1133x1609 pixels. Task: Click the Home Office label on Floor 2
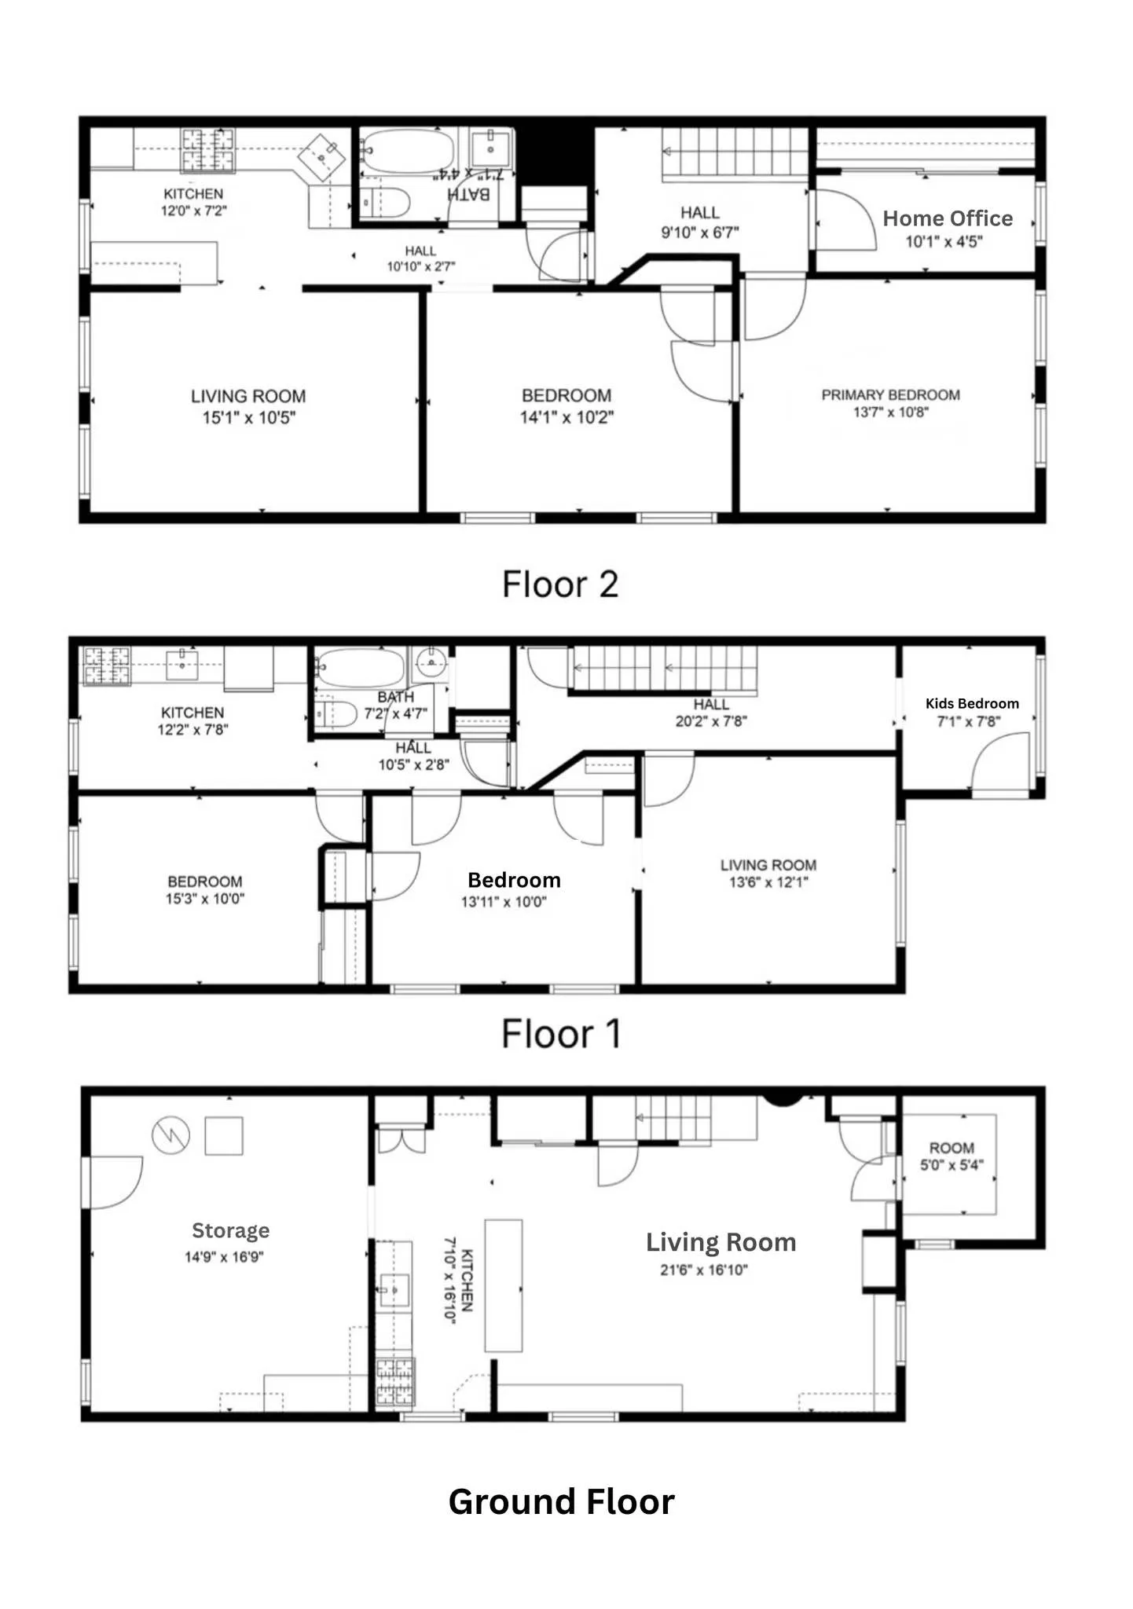pyautogui.click(x=947, y=218)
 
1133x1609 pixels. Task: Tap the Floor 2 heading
pyautogui.click(x=560, y=585)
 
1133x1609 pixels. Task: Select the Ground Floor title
pyautogui.click(x=561, y=1501)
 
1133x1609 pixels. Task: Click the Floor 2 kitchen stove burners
pyautogui.click(x=208, y=149)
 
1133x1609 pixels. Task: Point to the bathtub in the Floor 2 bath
pyautogui.click(x=409, y=150)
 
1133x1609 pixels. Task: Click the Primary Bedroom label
pyautogui.click(x=890, y=394)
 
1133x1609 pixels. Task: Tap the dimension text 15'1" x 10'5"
pyautogui.click(x=248, y=418)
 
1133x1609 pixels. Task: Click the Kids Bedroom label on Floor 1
pyautogui.click(x=972, y=703)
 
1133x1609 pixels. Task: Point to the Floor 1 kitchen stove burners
pyautogui.click(x=107, y=665)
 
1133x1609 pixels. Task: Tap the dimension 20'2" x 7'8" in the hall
pyautogui.click(x=711, y=721)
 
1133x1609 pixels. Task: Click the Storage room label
pyautogui.click(x=230, y=1230)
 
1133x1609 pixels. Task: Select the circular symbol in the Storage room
pyautogui.click(x=170, y=1135)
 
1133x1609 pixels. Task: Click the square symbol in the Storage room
pyautogui.click(x=224, y=1136)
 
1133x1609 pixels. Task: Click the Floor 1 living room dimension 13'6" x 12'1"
pyautogui.click(x=768, y=882)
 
